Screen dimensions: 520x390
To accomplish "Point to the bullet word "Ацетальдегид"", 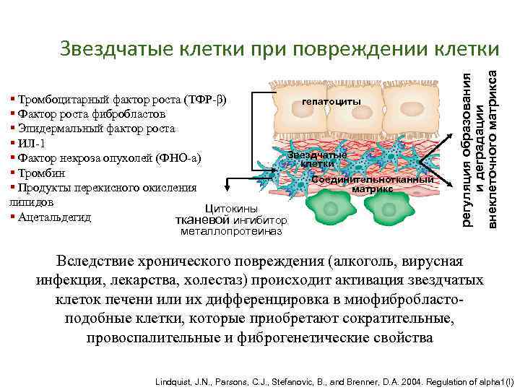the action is (x=55, y=217).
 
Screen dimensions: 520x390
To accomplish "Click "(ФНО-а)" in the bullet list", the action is (x=180, y=157).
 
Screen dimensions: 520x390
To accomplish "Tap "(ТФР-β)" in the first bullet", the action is (x=205, y=99).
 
